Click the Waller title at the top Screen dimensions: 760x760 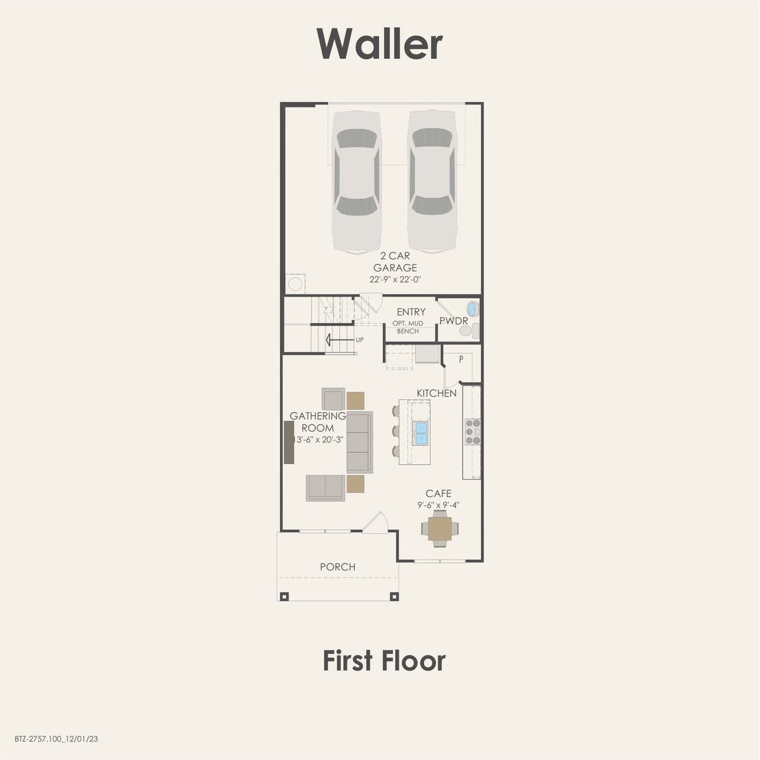point(380,44)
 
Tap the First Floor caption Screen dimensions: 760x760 point(384,661)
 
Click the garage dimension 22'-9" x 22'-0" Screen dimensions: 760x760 point(395,279)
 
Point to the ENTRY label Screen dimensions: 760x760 point(411,312)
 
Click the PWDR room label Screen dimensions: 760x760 point(454,321)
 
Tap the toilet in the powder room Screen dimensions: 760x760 point(466,331)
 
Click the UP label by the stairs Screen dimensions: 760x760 point(360,340)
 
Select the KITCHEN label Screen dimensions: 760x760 point(436,393)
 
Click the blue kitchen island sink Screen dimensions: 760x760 point(420,433)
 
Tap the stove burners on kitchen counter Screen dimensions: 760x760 point(473,432)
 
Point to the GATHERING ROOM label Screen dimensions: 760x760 point(318,422)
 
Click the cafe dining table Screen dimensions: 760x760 point(440,527)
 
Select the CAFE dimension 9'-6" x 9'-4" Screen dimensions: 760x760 point(438,505)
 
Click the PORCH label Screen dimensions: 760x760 point(337,567)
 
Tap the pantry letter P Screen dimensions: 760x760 point(461,359)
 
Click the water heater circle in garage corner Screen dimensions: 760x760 point(295,283)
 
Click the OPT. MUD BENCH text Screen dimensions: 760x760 point(408,327)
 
